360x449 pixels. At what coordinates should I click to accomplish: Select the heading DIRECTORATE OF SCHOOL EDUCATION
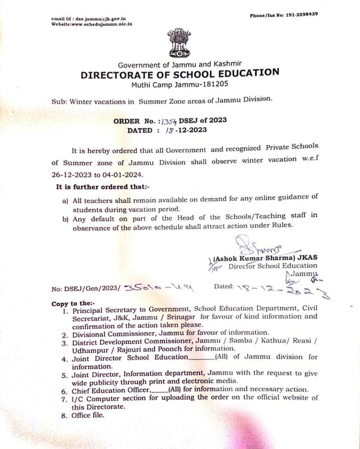tap(180, 74)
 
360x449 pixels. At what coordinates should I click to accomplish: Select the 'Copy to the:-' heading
tap(70, 303)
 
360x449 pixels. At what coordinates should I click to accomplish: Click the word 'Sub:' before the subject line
tap(58, 100)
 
